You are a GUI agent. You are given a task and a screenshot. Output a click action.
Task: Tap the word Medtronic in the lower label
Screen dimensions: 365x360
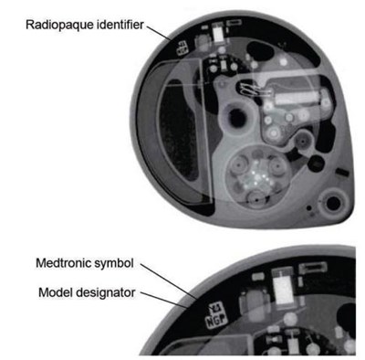click(64, 263)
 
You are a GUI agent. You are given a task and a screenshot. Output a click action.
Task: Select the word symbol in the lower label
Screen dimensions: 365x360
click(114, 263)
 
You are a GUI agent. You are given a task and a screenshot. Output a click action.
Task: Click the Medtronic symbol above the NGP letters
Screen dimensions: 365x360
click(216, 309)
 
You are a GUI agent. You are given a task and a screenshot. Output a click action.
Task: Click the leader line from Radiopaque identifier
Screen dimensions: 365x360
click(159, 34)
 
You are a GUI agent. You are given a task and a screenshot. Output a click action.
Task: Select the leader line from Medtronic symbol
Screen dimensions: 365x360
click(169, 281)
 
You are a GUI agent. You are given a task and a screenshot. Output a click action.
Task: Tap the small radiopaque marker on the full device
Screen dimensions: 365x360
click(182, 48)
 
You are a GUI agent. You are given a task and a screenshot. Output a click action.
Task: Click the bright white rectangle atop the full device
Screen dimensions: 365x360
click(218, 34)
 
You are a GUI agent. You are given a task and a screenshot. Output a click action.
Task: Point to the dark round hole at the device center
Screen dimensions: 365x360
click(236, 118)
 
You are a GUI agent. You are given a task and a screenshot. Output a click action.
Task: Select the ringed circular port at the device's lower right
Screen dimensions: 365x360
click(334, 203)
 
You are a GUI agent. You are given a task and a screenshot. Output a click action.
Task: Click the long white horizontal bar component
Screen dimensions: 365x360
click(297, 98)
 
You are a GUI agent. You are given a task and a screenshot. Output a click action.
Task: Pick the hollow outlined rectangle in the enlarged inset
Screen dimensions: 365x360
click(313, 268)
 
